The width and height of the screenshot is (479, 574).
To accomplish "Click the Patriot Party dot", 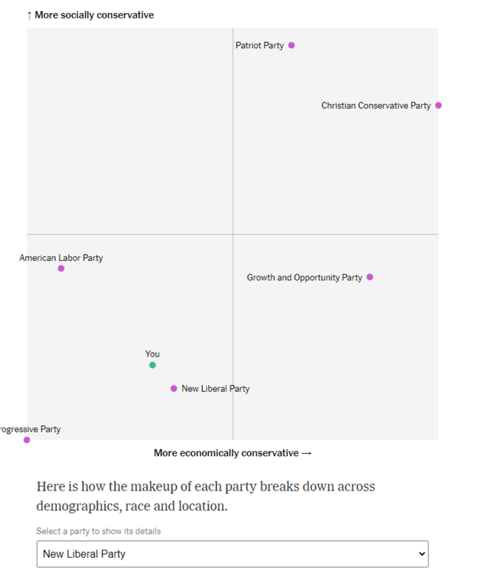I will point(292,45).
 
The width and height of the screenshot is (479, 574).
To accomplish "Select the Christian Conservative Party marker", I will point(438,106).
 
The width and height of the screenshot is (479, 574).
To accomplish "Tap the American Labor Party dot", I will point(61,269).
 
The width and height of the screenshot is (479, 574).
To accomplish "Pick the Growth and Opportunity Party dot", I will point(370,277).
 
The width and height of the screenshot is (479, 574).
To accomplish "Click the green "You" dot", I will point(152,365).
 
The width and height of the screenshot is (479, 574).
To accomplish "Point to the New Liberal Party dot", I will point(174,389).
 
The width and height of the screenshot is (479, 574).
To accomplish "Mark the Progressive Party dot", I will point(27,440).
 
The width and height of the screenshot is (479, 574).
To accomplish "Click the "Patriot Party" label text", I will point(259,46).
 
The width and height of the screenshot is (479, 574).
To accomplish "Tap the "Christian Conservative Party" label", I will point(376,106).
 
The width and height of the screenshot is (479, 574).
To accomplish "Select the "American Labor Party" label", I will point(61,258).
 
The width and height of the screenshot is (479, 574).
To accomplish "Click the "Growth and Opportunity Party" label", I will point(305,278).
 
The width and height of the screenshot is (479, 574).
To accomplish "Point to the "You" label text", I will point(152,354).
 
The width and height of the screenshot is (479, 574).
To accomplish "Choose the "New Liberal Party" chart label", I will point(216,389).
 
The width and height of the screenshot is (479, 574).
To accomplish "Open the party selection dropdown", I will point(232,554).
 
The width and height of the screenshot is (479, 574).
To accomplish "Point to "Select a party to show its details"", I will point(98,531).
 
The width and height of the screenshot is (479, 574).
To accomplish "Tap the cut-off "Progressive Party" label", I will point(30,429).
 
